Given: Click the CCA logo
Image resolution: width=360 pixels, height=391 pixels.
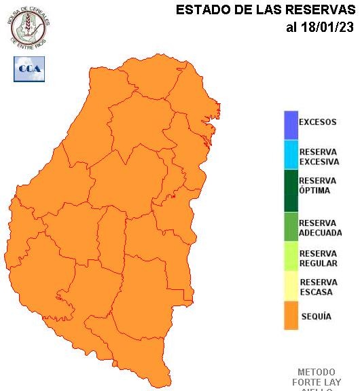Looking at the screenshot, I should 29,69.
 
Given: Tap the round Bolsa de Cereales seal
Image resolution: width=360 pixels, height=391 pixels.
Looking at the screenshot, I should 29,25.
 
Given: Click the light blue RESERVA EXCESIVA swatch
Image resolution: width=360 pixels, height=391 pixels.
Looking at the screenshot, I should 291,154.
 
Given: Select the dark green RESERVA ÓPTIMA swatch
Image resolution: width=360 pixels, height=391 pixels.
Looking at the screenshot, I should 291,190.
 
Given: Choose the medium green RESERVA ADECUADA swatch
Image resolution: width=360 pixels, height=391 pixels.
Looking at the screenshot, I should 291,227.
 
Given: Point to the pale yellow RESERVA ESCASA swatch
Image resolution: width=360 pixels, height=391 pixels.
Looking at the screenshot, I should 291,286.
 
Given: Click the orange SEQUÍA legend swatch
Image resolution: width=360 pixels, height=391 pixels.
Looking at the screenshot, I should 291,316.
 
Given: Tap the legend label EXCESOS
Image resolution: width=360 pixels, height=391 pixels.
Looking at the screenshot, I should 317,122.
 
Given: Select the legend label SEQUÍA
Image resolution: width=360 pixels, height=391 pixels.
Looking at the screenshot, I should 316,316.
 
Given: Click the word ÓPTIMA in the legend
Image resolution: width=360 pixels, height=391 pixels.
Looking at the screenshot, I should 314,191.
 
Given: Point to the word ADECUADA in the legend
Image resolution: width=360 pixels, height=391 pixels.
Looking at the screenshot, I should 320,233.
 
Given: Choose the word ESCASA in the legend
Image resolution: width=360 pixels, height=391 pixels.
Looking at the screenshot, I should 316,292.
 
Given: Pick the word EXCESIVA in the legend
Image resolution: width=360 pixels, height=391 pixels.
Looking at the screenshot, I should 319,162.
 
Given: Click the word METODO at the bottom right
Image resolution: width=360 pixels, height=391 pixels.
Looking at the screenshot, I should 317,372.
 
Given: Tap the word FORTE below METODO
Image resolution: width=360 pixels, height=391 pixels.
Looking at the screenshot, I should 310,382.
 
